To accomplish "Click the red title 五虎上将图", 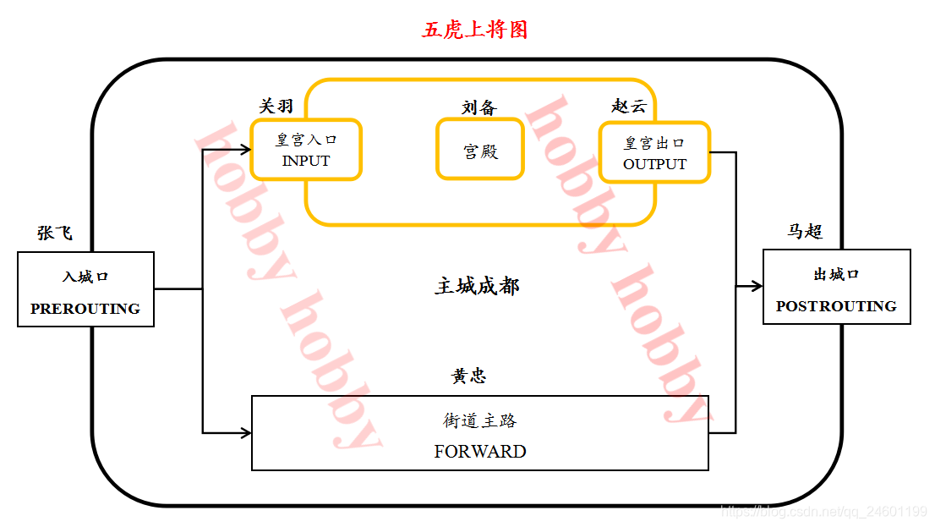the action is click(x=475, y=30).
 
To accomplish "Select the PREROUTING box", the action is click(x=85, y=289).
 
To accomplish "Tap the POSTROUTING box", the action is click(x=836, y=287).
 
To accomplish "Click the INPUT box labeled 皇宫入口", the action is click(x=306, y=150).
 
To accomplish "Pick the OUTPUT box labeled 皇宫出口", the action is click(x=654, y=153).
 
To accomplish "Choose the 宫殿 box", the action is click(x=480, y=150).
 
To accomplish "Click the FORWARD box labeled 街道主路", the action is click(x=479, y=433).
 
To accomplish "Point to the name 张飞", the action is click(x=54, y=233).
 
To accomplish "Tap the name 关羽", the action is click(x=276, y=106).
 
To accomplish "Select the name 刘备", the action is click(x=479, y=107).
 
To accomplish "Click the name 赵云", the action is click(x=628, y=106).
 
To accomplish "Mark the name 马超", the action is click(x=805, y=231).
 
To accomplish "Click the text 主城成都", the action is click(x=477, y=286).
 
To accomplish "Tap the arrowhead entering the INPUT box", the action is click(x=246, y=150).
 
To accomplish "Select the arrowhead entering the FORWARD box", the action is click(x=246, y=433).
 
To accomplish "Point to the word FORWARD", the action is click(x=479, y=452).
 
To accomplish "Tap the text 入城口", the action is click(x=85, y=277).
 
